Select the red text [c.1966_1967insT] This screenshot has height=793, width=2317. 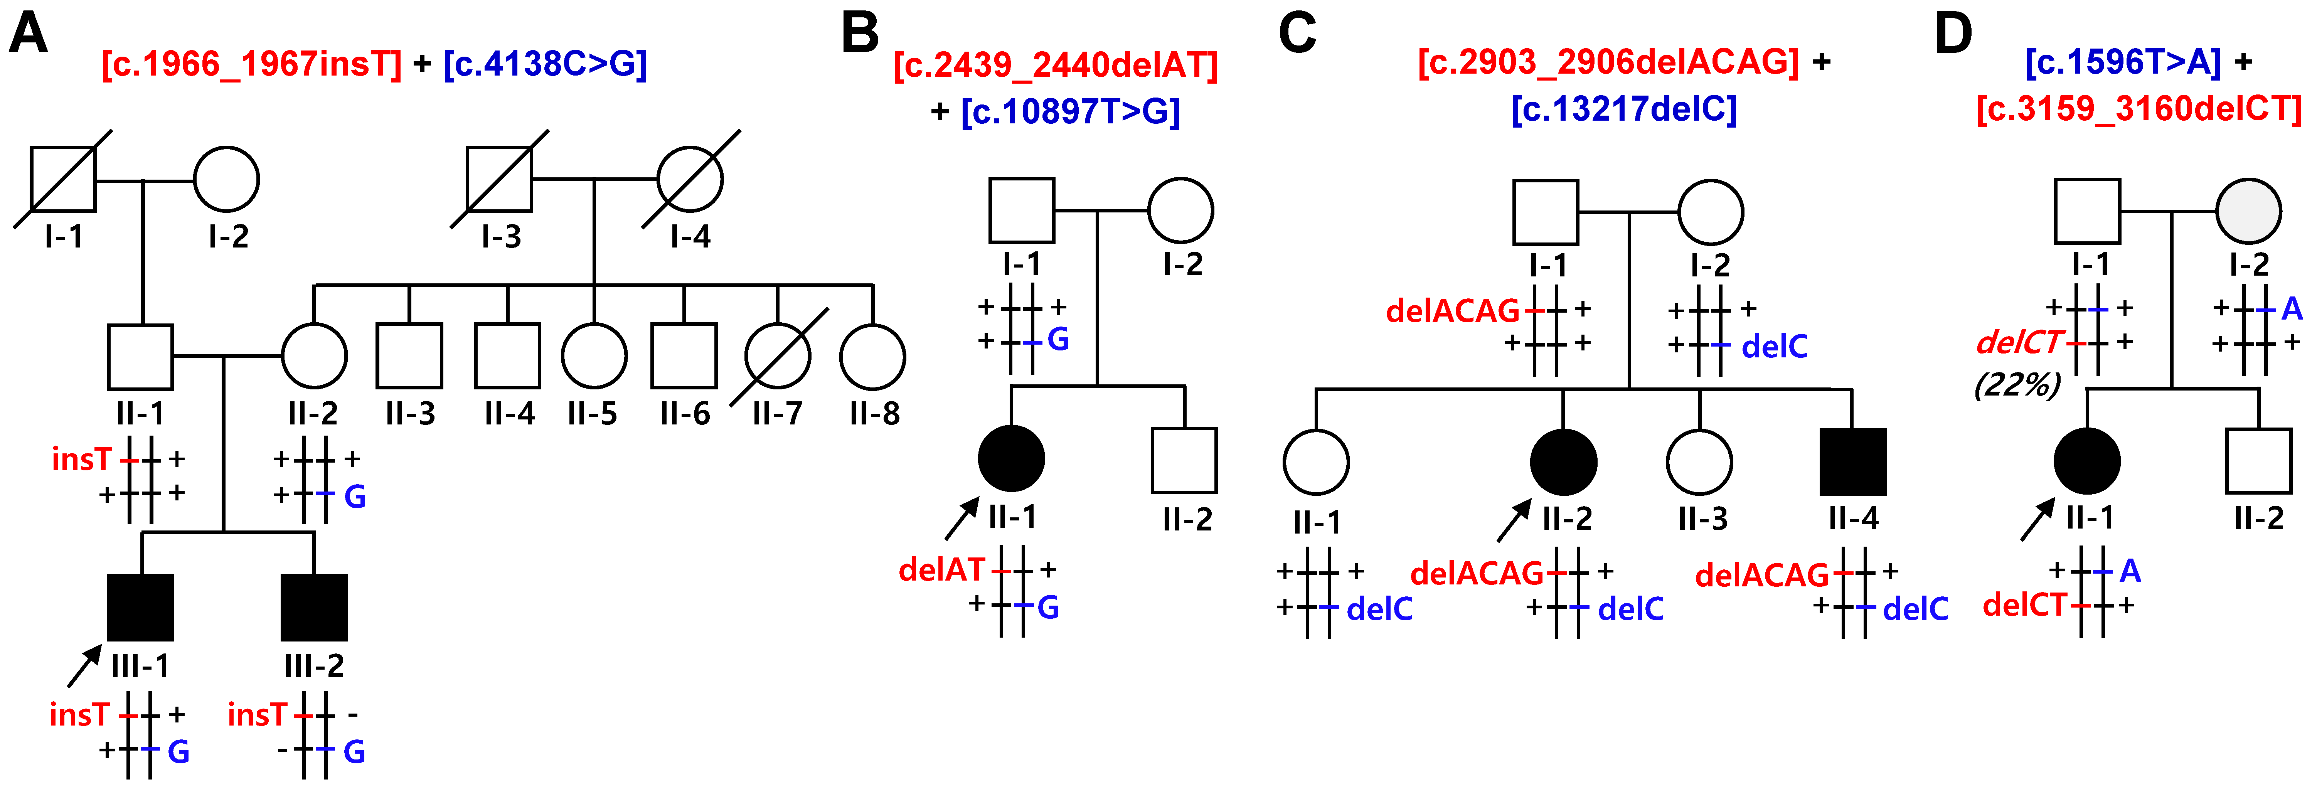[251, 64]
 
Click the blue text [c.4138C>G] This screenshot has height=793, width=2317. [545, 64]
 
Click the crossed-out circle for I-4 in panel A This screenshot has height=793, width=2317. [690, 179]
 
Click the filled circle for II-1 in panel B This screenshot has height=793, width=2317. [1011, 458]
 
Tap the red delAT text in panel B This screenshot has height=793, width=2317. [942, 569]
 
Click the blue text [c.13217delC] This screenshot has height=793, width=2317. [1623, 109]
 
